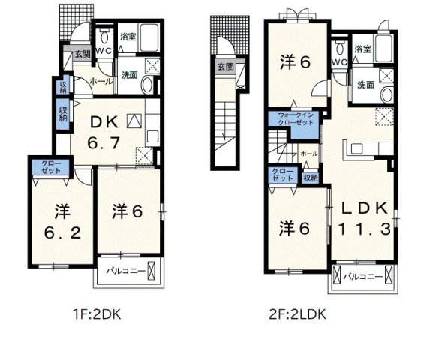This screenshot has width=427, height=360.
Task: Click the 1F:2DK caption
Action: [x=97, y=314]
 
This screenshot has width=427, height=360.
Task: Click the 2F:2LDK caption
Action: [x=297, y=314]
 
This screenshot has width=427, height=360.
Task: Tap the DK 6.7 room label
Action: [x=104, y=132]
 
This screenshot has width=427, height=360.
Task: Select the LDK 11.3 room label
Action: [x=365, y=218]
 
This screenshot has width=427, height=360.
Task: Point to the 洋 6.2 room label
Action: [x=62, y=221]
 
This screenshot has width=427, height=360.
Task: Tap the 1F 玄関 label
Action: [x=83, y=54]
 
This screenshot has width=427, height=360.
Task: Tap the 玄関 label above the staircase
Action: [x=225, y=67]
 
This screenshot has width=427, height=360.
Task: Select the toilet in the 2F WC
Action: [x=340, y=47]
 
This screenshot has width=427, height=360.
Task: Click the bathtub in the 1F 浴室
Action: [x=149, y=37]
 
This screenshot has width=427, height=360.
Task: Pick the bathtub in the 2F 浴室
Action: [x=383, y=49]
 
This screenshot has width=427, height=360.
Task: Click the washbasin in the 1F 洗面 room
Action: [x=147, y=85]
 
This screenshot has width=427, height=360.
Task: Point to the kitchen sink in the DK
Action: [x=152, y=136]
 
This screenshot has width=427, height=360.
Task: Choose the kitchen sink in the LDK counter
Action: [x=356, y=148]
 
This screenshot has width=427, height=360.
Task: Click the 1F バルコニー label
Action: [x=126, y=271]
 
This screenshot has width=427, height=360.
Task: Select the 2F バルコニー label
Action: [x=363, y=277]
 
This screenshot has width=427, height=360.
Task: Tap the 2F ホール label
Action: [x=309, y=154]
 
